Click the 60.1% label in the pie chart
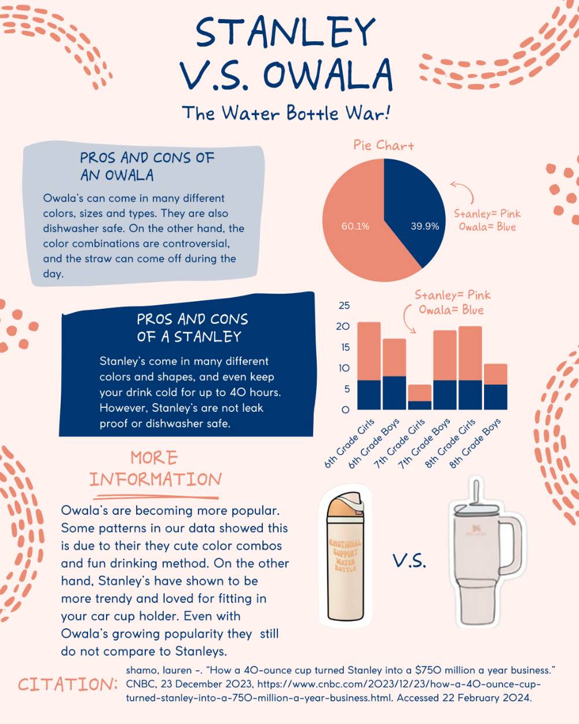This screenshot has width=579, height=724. [x=355, y=226]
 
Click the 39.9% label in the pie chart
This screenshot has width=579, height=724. [x=424, y=226]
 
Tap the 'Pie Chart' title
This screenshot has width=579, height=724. [x=384, y=145]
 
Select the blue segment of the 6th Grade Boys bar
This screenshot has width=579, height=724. [x=394, y=393]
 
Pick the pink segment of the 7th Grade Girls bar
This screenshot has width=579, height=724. [x=420, y=393]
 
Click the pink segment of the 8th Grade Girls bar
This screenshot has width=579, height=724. [x=470, y=353]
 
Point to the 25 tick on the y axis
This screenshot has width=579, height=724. [x=344, y=306]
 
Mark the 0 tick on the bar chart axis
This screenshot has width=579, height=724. [x=346, y=410]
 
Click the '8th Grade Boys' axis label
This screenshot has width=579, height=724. [x=475, y=443]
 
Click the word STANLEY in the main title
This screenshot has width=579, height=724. [x=285, y=32]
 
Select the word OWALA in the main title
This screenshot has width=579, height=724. [x=327, y=75]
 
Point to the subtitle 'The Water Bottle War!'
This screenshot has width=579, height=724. [x=286, y=113]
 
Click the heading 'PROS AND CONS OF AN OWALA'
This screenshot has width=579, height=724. [x=147, y=166]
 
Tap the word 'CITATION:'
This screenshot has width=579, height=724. [x=68, y=684]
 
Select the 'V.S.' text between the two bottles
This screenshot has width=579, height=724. [x=409, y=561]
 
